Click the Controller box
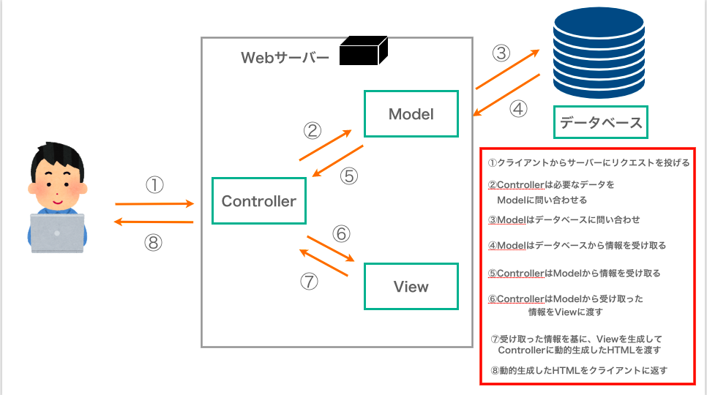(258, 201)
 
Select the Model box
(411, 114)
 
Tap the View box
(411, 287)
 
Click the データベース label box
(601, 122)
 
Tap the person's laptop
(57, 232)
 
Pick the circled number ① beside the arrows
(154, 185)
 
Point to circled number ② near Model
(313, 131)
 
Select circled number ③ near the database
(501, 54)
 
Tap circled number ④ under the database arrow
(517, 109)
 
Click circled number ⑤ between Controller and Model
(349, 176)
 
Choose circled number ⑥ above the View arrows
(341, 234)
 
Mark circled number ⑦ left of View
(310, 282)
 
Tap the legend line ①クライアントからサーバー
(588, 163)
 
